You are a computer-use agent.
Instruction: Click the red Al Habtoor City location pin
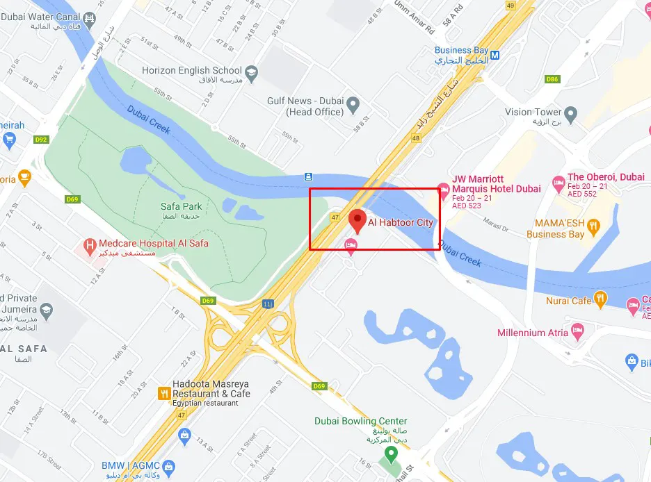[357, 220]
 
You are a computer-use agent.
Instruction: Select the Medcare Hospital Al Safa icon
[89, 245]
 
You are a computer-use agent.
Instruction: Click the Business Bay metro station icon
[495, 55]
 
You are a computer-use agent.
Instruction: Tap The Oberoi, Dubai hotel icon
[558, 183]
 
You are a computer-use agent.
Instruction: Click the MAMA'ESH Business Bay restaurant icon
[593, 225]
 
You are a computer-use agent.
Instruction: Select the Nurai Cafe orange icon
[600, 301]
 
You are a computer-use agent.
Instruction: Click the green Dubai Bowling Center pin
[391, 455]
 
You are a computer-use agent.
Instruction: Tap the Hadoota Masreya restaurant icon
[164, 394]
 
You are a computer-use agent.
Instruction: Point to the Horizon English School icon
[250, 71]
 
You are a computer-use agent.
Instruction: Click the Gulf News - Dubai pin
[353, 106]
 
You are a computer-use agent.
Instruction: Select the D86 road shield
[553, 79]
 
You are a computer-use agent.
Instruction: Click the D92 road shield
[41, 140]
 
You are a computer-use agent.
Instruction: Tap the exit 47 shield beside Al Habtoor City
[335, 217]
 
